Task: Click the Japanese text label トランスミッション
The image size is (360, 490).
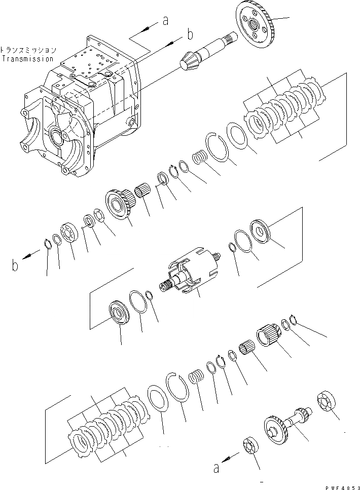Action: [x=28, y=51]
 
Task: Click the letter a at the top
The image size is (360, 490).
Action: [x=164, y=21]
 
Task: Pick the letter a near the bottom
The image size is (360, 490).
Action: [x=216, y=469]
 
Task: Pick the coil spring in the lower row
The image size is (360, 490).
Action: [x=196, y=379]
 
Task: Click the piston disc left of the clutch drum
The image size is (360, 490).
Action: [x=119, y=313]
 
